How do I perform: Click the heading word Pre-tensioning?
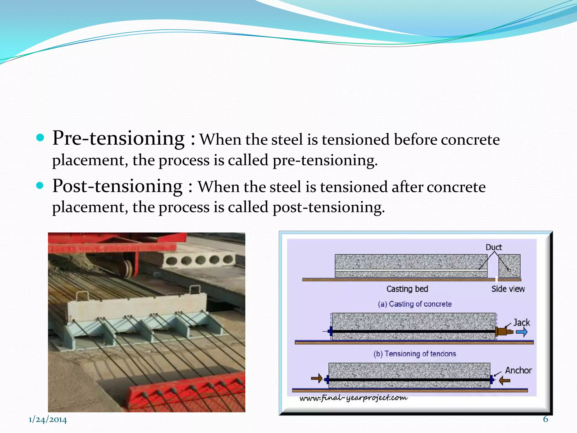118,138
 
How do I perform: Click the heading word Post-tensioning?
117,186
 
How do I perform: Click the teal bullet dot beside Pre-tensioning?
41,138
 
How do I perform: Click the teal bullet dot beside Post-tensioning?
41,185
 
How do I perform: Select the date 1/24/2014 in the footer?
48,420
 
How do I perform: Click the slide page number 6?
545,419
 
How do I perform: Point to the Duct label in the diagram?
494,247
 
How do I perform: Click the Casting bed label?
407,289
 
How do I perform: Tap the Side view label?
508,289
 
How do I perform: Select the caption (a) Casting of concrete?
415,304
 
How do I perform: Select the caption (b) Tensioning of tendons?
415,354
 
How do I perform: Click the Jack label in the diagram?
521,322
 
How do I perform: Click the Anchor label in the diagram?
518,370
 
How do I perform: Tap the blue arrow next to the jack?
521,332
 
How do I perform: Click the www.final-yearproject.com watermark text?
353,398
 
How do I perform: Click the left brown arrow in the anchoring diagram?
317,378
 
